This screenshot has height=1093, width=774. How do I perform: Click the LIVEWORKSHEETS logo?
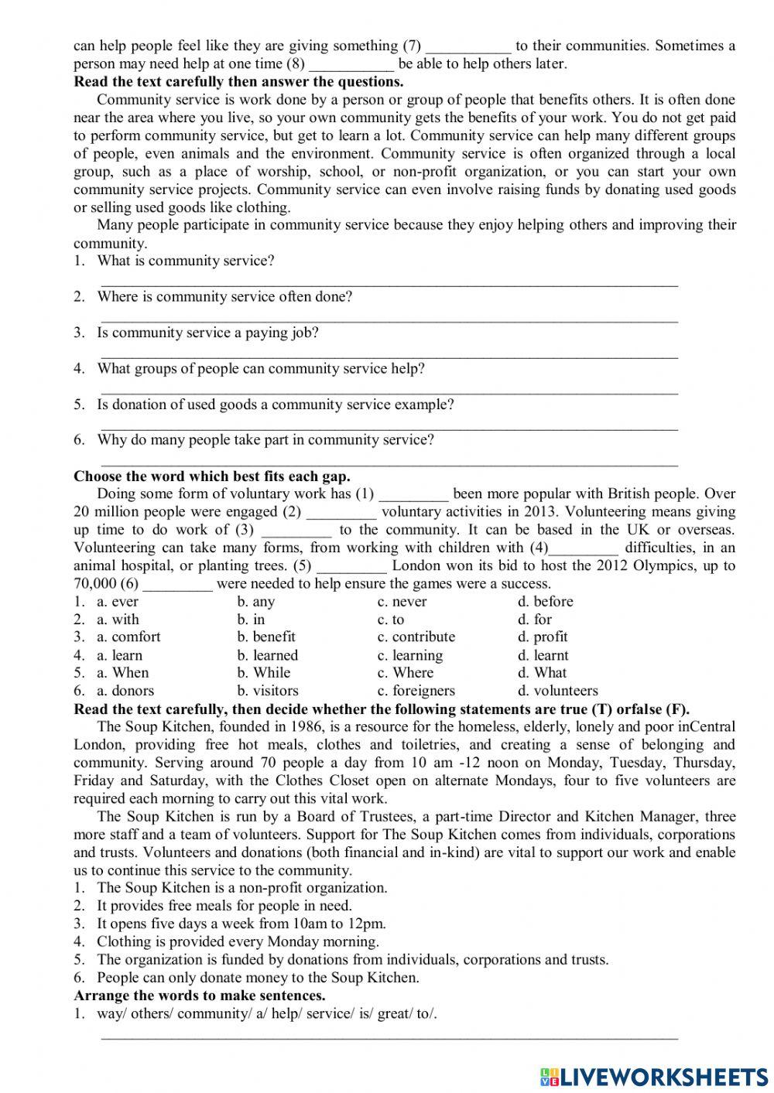pyautogui.click(x=653, y=1077)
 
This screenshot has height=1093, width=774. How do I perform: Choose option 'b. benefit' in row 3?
pyautogui.click(x=266, y=637)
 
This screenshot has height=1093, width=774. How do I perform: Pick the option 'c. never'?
pyautogui.click(x=402, y=601)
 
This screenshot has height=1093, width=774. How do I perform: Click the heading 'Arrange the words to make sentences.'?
pyautogui.click(x=200, y=996)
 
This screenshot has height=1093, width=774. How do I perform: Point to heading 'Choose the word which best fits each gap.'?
pyautogui.click(x=212, y=476)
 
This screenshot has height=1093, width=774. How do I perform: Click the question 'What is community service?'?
pyautogui.click(x=186, y=261)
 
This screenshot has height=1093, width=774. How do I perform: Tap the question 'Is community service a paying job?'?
pyautogui.click(x=207, y=333)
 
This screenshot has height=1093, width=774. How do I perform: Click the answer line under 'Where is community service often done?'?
pyautogui.click(x=389, y=318)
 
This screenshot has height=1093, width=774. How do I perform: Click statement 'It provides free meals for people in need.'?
pyautogui.click(x=224, y=905)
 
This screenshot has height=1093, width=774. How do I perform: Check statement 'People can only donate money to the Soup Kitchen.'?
pyautogui.click(x=258, y=977)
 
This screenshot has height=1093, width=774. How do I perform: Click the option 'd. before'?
pyautogui.click(x=546, y=601)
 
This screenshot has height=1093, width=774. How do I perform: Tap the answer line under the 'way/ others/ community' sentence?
pyautogui.click(x=389, y=1035)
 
